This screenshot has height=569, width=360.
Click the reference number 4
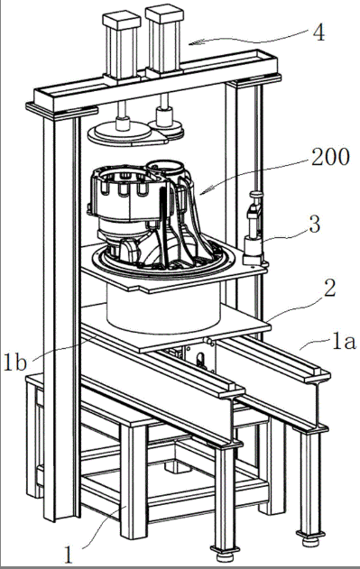coord(318,33)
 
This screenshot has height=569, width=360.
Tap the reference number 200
coord(330,157)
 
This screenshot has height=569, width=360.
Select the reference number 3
coord(314,225)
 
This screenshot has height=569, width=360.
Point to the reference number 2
coord(329,289)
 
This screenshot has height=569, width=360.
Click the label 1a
coord(343,342)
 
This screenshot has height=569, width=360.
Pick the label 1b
coord(15,362)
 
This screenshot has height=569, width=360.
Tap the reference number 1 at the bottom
coord(69,555)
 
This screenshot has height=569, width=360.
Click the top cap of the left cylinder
coord(121,21)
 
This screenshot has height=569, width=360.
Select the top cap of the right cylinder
coord(164,14)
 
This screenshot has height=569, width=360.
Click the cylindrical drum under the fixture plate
coord(163,308)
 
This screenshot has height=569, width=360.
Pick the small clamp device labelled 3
coord(254,230)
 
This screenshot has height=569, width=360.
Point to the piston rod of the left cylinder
coord(123,108)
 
